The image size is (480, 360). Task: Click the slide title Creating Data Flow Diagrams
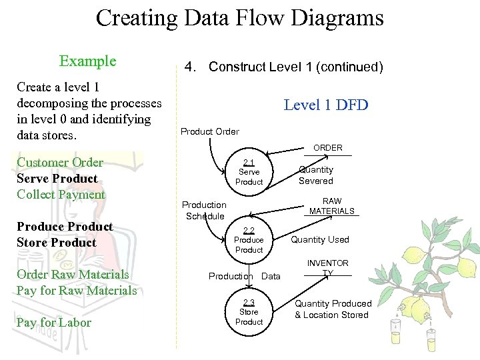click(x=239, y=18)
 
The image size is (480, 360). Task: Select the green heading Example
click(x=87, y=61)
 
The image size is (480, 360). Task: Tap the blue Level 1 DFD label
click(x=325, y=105)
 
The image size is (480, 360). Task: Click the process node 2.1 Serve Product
click(x=249, y=173)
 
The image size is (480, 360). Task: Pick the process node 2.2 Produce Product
click(x=249, y=241)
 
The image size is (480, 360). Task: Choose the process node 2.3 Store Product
click(x=249, y=313)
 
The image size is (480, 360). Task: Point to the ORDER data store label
click(x=327, y=148)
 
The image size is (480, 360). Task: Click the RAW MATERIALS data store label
click(x=331, y=206)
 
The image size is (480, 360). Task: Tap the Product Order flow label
click(x=209, y=131)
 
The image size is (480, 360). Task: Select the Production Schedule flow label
click(x=205, y=211)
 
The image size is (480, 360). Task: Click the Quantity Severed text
click(x=315, y=175)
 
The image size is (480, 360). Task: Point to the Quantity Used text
click(x=319, y=240)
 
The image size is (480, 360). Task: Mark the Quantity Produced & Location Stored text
click(x=333, y=309)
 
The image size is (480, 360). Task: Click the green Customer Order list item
click(x=60, y=163)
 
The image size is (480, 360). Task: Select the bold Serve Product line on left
click(x=57, y=179)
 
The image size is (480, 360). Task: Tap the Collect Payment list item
click(x=61, y=195)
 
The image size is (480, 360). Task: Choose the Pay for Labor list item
click(x=54, y=323)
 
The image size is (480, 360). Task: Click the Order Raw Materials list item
click(x=73, y=275)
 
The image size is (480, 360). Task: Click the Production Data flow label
click(x=244, y=276)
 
